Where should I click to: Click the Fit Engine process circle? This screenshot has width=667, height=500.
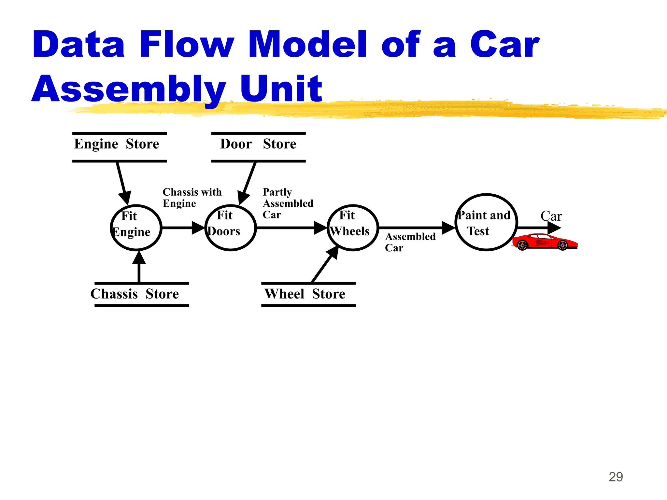coord(136,228)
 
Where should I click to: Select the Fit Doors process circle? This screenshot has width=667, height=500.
coord(231,228)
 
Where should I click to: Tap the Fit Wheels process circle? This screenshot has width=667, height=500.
coord(353,228)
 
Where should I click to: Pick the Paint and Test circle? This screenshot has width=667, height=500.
coord(486,222)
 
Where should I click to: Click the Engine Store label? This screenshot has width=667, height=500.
coord(117,144)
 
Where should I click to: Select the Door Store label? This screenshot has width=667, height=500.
coord(258,144)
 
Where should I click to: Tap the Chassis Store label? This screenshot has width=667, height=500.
coord(135,294)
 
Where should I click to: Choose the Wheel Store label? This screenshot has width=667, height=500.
coord(305,294)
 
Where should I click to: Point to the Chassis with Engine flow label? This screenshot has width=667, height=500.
coord(192,198)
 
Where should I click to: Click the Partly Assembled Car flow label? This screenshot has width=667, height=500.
coord(288,203)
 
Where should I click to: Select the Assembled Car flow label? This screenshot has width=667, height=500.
coord(410,242)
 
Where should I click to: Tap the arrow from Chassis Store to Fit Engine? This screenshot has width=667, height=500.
coord(139,267)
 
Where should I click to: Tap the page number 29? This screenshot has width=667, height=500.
coord(616,477)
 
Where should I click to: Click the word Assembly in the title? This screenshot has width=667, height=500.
coord(129,89)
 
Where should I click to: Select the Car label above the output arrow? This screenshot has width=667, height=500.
coord(551,216)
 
